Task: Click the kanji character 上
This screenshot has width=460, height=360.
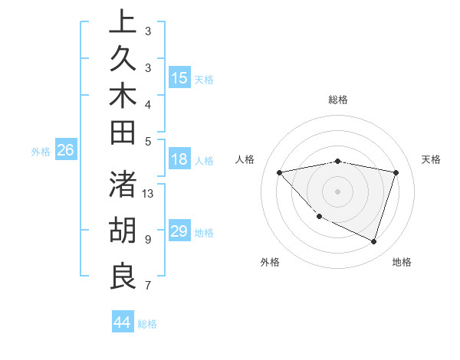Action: [x=123, y=23]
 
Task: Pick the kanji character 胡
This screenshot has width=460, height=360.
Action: [x=123, y=231]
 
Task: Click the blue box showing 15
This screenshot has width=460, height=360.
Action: [x=179, y=78]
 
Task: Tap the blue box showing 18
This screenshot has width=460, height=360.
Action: [x=179, y=160]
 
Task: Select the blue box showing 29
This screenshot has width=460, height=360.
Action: [x=179, y=231]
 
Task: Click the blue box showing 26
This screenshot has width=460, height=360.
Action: [x=66, y=151]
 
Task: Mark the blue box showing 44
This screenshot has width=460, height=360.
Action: [x=123, y=322]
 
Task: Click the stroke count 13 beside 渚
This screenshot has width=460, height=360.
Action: [x=149, y=194]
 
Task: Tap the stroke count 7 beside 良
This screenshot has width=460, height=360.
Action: [x=147, y=286]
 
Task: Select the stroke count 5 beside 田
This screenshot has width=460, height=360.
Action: [x=147, y=141]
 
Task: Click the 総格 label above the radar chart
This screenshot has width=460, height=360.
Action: [x=338, y=100]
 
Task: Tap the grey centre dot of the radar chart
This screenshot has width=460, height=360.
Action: [x=338, y=191]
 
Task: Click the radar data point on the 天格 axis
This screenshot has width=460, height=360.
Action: [x=396, y=172]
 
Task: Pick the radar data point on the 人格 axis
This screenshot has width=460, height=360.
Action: [x=280, y=172]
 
